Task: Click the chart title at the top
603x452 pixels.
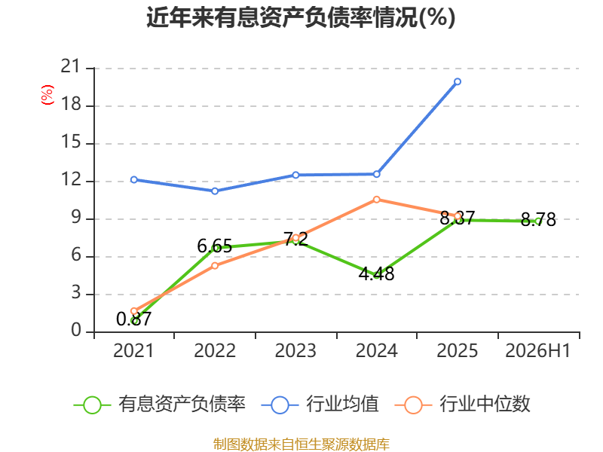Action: click(x=301, y=17)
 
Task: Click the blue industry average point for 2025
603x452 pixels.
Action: click(x=458, y=81)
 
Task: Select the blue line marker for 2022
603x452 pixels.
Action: click(x=215, y=191)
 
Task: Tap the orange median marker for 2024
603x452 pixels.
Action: click(x=376, y=200)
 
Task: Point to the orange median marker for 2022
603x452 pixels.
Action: click(x=215, y=266)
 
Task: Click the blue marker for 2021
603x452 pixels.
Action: click(x=134, y=179)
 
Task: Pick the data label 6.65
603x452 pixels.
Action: click(x=215, y=246)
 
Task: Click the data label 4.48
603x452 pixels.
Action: click(x=376, y=273)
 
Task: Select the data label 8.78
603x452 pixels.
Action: click(x=538, y=219)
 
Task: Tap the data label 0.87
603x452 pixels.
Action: click(x=134, y=319)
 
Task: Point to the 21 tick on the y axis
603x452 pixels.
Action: click(x=70, y=66)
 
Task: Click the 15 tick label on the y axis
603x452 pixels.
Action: click(x=71, y=142)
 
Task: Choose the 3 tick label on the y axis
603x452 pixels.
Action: click(x=76, y=293)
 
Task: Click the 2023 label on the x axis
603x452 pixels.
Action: click(x=295, y=350)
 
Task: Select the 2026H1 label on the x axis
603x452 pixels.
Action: click(x=538, y=350)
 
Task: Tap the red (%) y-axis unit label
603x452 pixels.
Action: click(x=47, y=95)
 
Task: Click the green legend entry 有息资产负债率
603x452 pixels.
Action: click(x=160, y=405)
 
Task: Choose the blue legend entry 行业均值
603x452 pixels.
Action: click(x=320, y=405)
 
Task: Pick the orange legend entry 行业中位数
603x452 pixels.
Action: click(x=463, y=405)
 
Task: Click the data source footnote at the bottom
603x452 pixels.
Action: click(x=301, y=444)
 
